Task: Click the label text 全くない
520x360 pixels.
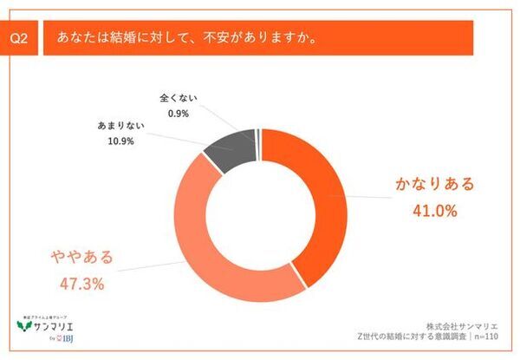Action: click(179, 98)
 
